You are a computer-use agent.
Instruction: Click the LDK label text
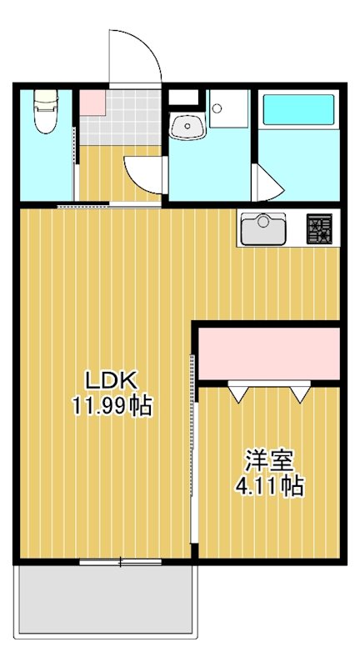(110, 381)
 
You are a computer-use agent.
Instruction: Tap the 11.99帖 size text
(111, 408)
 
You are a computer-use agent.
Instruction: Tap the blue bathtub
(298, 112)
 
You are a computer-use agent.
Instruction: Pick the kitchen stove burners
(319, 228)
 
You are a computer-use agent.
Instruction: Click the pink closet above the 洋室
(268, 354)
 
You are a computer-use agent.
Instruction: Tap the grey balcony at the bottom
(107, 601)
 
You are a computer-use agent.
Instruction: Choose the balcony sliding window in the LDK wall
(120, 562)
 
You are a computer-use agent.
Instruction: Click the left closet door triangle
(239, 391)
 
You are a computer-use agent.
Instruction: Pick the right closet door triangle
(298, 391)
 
